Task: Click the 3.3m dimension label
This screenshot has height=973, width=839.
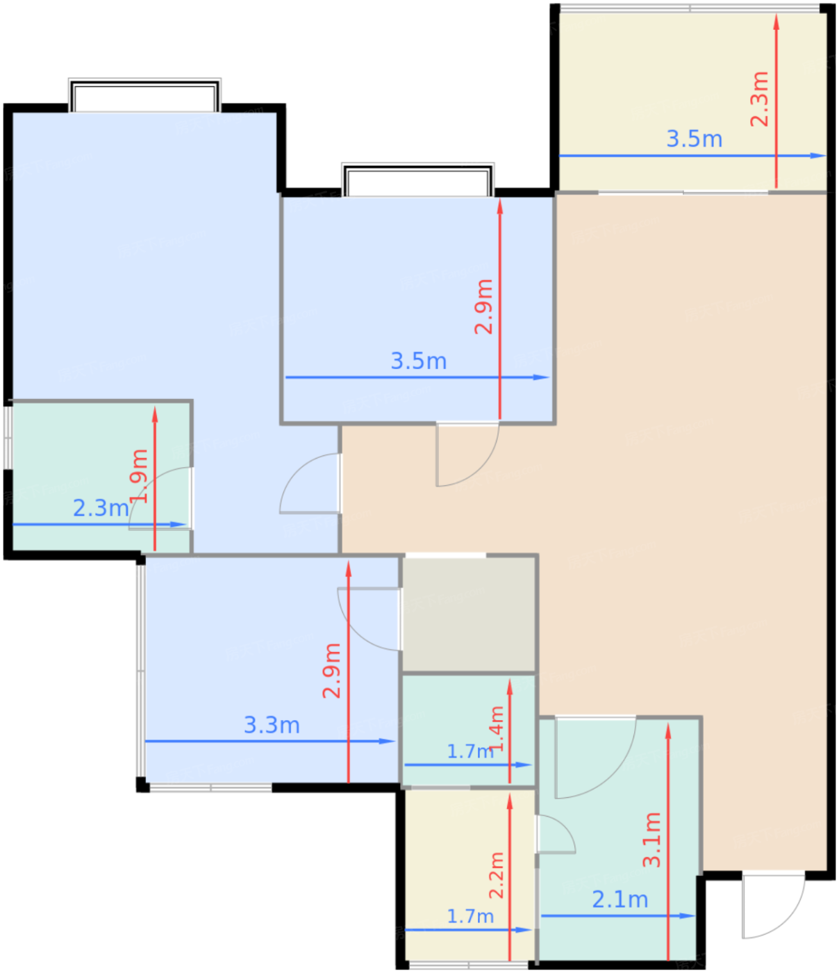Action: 272,725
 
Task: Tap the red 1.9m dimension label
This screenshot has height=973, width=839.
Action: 139,476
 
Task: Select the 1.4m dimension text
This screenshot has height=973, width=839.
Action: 497,728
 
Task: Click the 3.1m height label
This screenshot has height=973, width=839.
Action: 651,840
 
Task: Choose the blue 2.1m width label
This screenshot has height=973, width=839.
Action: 620,899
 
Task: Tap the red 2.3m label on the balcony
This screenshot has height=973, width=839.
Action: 759,99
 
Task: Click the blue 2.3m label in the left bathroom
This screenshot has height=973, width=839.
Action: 101,508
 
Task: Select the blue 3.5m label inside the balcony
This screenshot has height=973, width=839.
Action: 694,139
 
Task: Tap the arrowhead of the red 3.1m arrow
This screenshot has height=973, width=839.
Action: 667,730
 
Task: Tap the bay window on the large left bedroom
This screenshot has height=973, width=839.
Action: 144,95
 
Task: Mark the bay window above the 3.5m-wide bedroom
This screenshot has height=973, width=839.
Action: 418,180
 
